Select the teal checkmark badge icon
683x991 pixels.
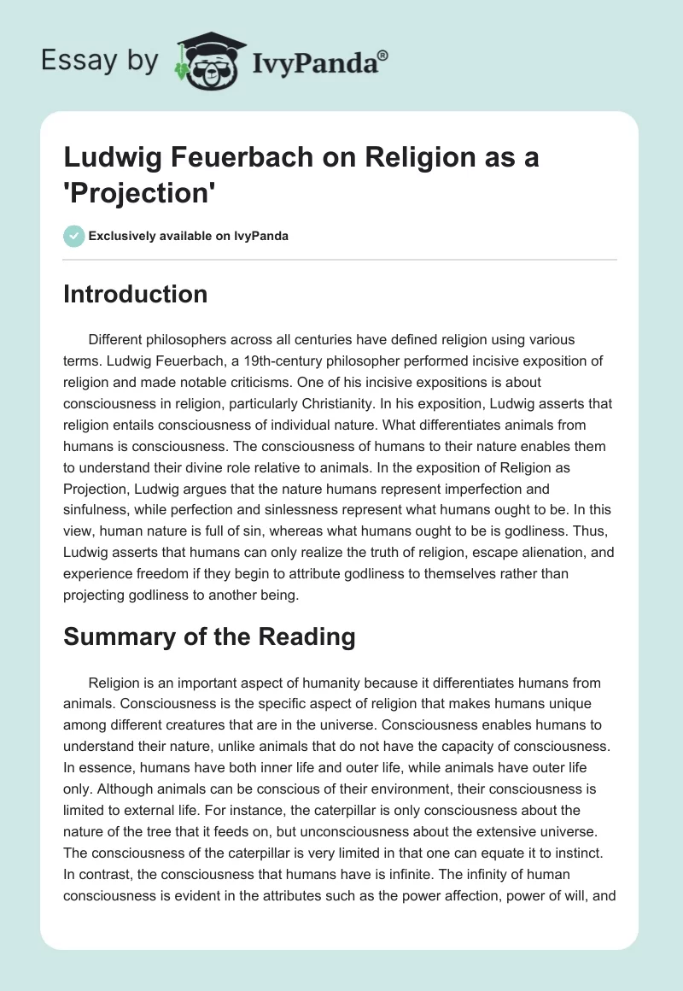tap(74, 236)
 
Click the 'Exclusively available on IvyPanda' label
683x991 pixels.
tap(189, 236)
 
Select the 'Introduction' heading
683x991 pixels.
tap(136, 295)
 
